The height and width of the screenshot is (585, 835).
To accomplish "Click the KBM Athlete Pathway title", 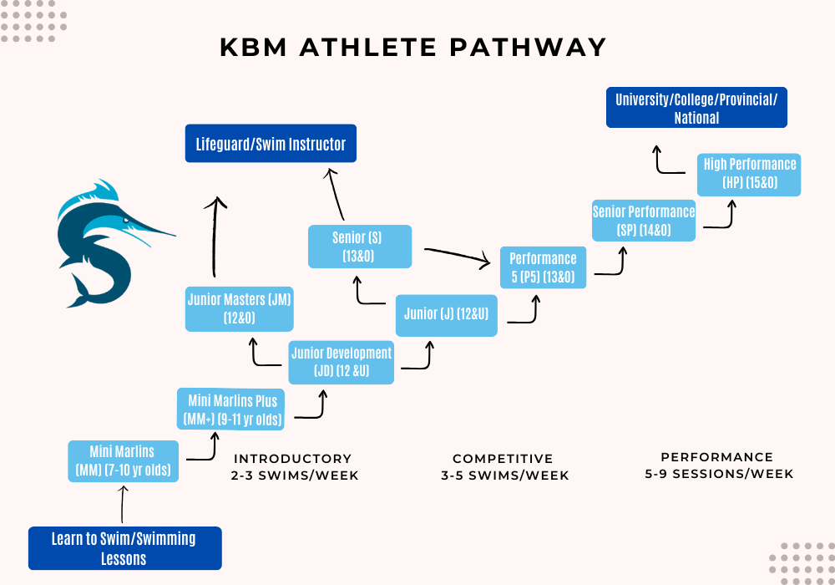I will point(413,47).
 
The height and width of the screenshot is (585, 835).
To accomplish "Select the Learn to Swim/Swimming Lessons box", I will point(124,548).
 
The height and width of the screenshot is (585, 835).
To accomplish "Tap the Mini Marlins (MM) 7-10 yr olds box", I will point(123,461).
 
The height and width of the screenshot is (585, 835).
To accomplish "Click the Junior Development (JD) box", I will point(341,362).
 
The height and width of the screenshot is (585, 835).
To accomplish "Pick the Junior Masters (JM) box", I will point(239,308).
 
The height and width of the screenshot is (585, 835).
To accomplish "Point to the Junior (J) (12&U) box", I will point(446,315).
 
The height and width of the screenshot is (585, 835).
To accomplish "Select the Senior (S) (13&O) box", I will point(360,247).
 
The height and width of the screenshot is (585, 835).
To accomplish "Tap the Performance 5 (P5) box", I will point(543,267).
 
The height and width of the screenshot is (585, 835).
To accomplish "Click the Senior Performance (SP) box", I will point(644,221).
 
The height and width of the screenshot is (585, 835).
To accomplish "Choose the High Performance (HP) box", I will point(749,174).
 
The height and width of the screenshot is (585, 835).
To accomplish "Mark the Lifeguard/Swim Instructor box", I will point(271,144).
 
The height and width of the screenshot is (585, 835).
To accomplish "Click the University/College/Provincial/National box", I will point(696,108).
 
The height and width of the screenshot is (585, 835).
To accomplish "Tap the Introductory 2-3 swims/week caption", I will point(294,467).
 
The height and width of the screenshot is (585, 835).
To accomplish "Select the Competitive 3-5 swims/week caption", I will point(504,467).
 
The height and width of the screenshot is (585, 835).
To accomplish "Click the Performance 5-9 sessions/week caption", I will point(718,465).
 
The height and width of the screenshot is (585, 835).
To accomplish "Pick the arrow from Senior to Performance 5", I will point(456,257).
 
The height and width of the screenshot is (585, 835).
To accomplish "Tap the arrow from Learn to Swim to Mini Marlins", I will point(124,504).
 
